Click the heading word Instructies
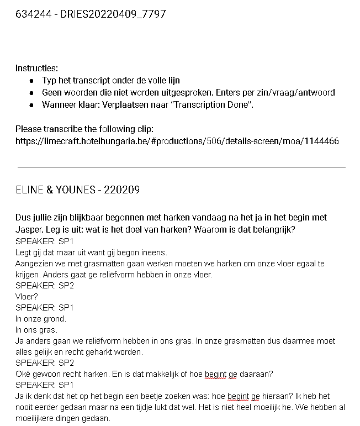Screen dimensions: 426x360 (x=36, y=69)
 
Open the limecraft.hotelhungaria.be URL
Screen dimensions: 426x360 (x=177, y=141)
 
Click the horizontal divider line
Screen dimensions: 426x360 (x=182, y=167)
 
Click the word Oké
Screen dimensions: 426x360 (x=23, y=374)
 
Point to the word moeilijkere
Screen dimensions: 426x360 (x=37, y=418)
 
